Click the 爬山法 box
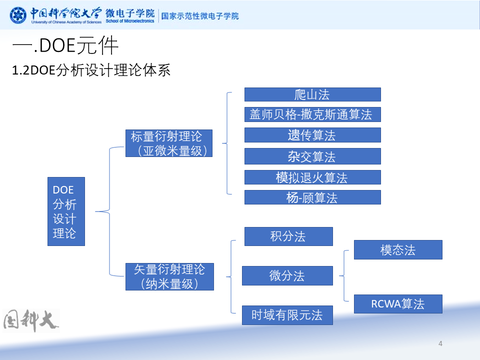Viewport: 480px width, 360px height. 312,94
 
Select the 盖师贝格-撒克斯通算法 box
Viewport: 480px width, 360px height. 312,114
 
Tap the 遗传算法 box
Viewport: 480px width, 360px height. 312,135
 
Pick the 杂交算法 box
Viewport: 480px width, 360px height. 312,156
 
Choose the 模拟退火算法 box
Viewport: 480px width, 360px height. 312,177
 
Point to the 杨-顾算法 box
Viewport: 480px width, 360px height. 312,197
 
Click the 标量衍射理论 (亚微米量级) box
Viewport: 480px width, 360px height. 169,143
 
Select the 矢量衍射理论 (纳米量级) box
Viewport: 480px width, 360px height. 169,276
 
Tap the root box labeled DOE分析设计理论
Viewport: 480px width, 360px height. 66,211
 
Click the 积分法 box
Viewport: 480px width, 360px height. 288,236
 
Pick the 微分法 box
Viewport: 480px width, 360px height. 287,275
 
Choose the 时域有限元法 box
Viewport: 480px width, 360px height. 287,314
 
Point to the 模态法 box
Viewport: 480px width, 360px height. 398,249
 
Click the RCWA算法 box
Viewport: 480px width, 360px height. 398,303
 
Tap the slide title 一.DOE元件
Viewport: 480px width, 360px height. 65,46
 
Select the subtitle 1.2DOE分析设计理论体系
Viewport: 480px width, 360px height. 91,70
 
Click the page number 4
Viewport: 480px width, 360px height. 440,343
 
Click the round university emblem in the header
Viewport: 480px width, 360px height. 18,15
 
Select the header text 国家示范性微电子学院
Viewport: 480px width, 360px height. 200,15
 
